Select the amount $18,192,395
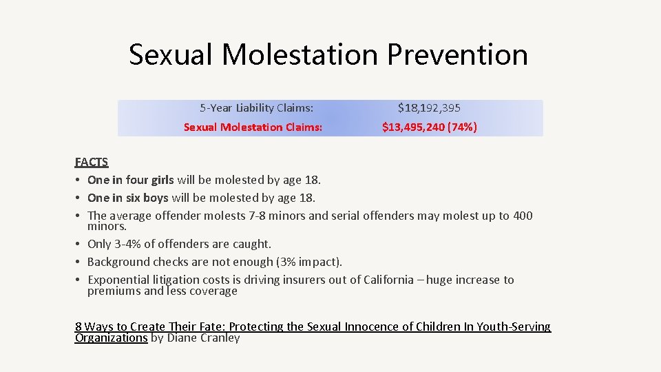[429, 107]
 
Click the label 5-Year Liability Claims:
[256, 107]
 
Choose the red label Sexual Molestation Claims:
[253, 127]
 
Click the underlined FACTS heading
[92, 163]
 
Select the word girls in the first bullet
[159, 180]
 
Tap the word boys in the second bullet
[152, 198]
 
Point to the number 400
[523, 216]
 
